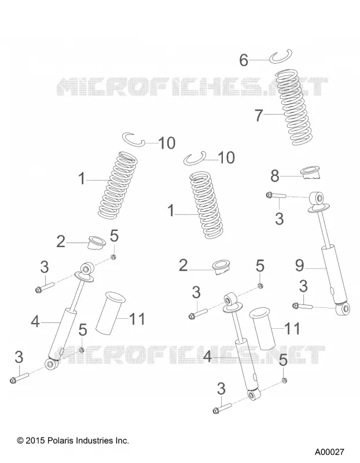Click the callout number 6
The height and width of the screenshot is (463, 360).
click(243, 60)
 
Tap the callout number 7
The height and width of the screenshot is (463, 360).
click(259, 115)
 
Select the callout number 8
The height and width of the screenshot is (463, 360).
click(275, 177)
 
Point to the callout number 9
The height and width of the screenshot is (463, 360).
click(299, 266)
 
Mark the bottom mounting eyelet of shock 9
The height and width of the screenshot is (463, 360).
click(343, 308)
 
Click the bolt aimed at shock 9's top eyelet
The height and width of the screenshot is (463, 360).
click(276, 195)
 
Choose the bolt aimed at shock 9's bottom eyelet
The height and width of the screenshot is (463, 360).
click(302, 306)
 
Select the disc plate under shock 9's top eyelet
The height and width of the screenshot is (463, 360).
click(319, 208)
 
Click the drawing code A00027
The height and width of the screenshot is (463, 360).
click(329, 452)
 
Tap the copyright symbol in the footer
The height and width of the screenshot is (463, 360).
click(20, 441)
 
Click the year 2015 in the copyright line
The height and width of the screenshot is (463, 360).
click(35, 441)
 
